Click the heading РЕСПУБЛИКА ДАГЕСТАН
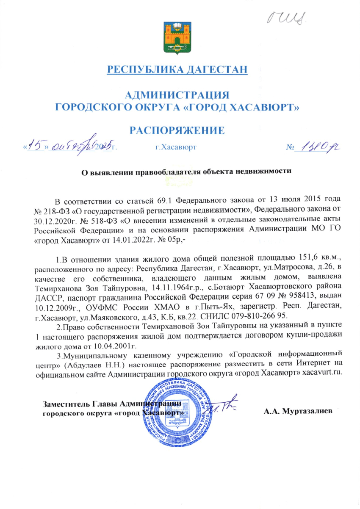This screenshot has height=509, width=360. pos(177,69)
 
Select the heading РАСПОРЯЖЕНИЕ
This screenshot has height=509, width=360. pos(177,130)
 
